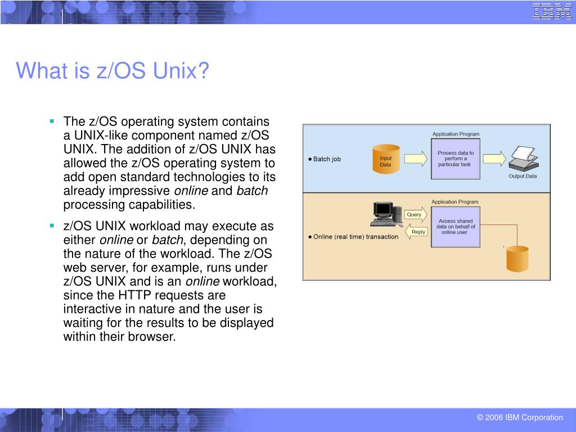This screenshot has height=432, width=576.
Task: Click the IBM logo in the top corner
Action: (552, 11)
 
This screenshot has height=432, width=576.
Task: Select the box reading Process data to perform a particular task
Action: (456, 159)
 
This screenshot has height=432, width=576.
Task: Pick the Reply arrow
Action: (416, 231)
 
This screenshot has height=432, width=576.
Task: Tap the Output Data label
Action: (523, 176)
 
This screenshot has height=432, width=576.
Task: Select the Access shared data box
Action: (456, 227)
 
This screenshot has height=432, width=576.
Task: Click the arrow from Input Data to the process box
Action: (416, 159)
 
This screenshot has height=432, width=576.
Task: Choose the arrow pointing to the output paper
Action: (494, 159)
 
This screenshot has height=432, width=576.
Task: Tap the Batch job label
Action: (326, 159)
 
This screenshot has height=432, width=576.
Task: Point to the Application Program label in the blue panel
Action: (456, 134)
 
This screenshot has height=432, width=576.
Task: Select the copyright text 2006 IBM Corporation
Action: (520, 417)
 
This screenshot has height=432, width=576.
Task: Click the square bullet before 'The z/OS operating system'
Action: (52, 121)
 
